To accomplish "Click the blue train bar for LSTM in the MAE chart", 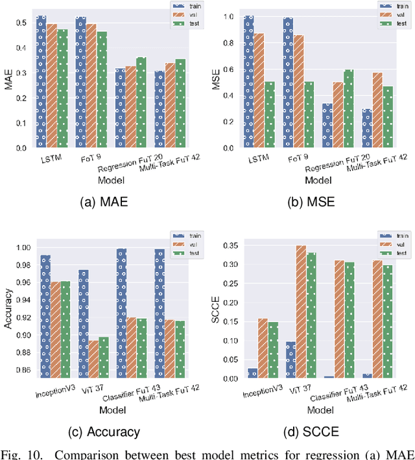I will click(x=41, y=82).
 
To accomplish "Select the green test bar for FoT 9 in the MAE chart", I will click(x=102, y=89).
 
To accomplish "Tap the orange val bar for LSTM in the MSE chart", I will click(x=259, y=90).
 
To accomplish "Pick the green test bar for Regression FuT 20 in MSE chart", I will click(x=348, y=108).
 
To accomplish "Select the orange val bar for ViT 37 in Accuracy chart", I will click(x=93, y=358).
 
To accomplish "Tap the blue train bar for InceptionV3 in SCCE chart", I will click(x=252, y=373).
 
